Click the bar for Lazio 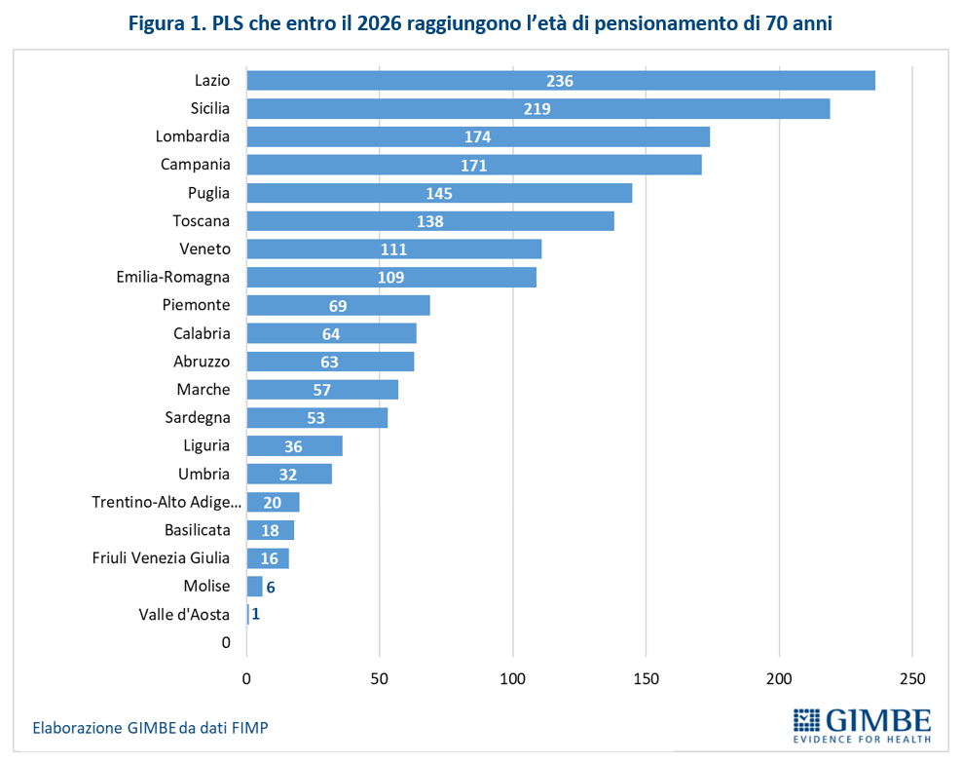(x=561, y=81)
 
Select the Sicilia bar (x=538, y=109)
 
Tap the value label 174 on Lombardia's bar (x=477, y=137)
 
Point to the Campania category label (x=195, y=165)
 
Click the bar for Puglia (x=439, y=193)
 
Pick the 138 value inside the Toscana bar (x=429, y=221)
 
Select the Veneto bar (x=394, y=249)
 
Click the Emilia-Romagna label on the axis (x=172, y=278)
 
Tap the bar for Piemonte (x=338, y=306)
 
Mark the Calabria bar (x=332, y=333)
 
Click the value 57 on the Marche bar (x=322, y=390)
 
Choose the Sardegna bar (x=317, y=418)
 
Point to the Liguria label (x=206, y=445)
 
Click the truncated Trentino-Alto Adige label (x=166, y=502)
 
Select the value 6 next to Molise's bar (x=271, y=587)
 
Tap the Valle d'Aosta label (x=184, y=615)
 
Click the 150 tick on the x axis (x=646, y=677)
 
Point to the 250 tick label (x=912, y=677)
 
